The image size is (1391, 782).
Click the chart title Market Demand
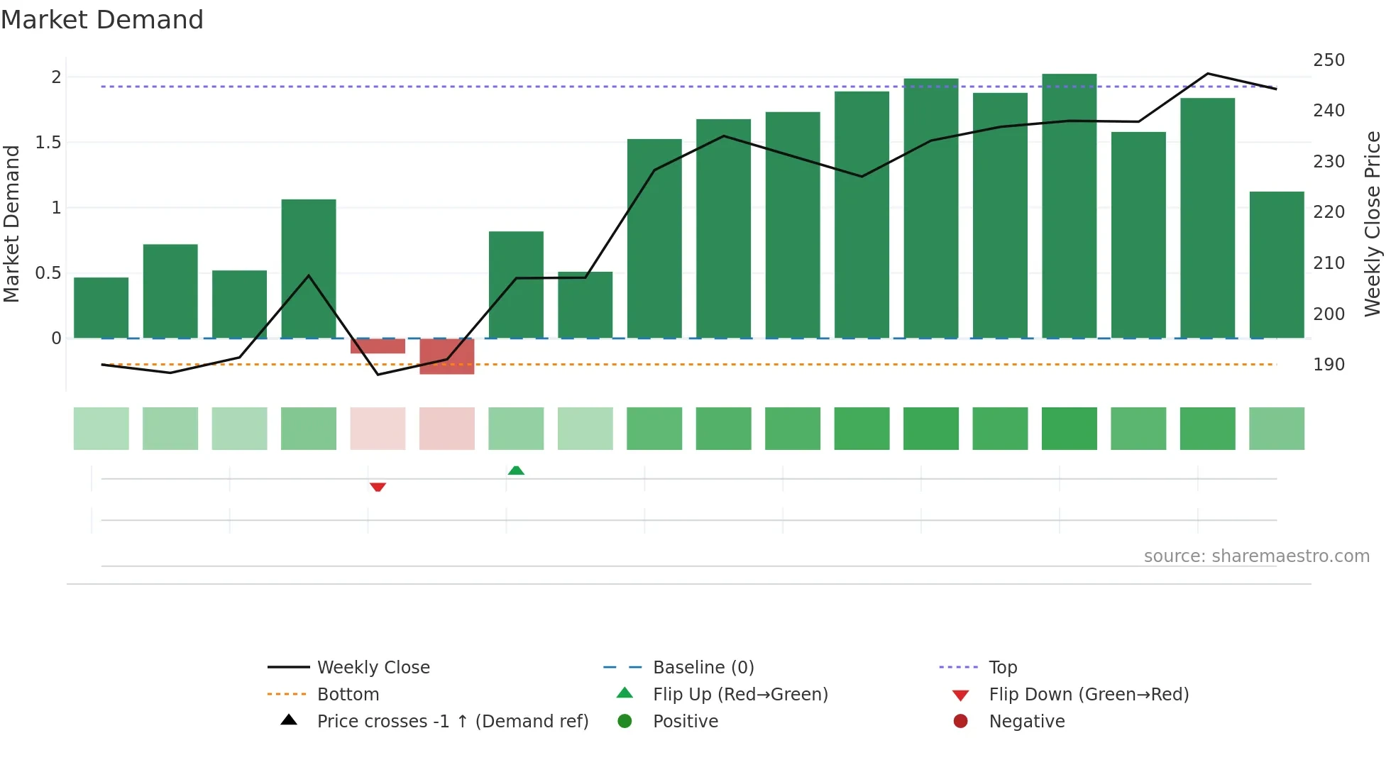pyautogui.click(x=102, y=20)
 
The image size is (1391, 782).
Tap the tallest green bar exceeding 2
pyautogui.click(x=1069, y=206)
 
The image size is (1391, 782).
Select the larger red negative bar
pyautogui.click(x=446, y=356)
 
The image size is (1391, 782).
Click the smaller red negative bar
pyautogui.click(x=378, y=346)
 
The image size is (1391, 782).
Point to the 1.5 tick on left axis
pyautogui.click(x=48, y=143)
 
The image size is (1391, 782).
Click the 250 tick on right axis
pyautogui.click(x=1329, y=60)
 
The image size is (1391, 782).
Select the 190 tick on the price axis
pyautogui.click(x=1329, y=365)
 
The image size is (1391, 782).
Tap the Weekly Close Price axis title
pyautogui.click(x=1373, y=224)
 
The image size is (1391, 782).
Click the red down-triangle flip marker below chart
pyautogui.click(x=378, y=487)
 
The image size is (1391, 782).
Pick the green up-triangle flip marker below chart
pyautogui.click(x=516, y=470)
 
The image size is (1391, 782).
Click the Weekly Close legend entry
pyautogui.click(x=373, y=668)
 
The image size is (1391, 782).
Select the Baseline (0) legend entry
pyautogui.click(x=703, y=668)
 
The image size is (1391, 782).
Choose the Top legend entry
pyautogui.click(x=1003, y=668)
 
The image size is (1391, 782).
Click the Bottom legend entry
pyautogui.click(x=348, y=695)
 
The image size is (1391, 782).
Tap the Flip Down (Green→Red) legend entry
pyautogui.click(x=1088, y=695)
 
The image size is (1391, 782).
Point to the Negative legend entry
pyautogui.click(x=1026, y=722)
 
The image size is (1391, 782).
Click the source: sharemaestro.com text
pyautogui.click(x=1256, y=556)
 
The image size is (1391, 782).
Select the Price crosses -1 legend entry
pyautogui.click(x=452, y=722)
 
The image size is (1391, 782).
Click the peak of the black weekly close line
pyautogui.click(x=1207, y=74)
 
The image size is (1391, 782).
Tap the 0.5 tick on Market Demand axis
pyautogui.click(x=48, y=273)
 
